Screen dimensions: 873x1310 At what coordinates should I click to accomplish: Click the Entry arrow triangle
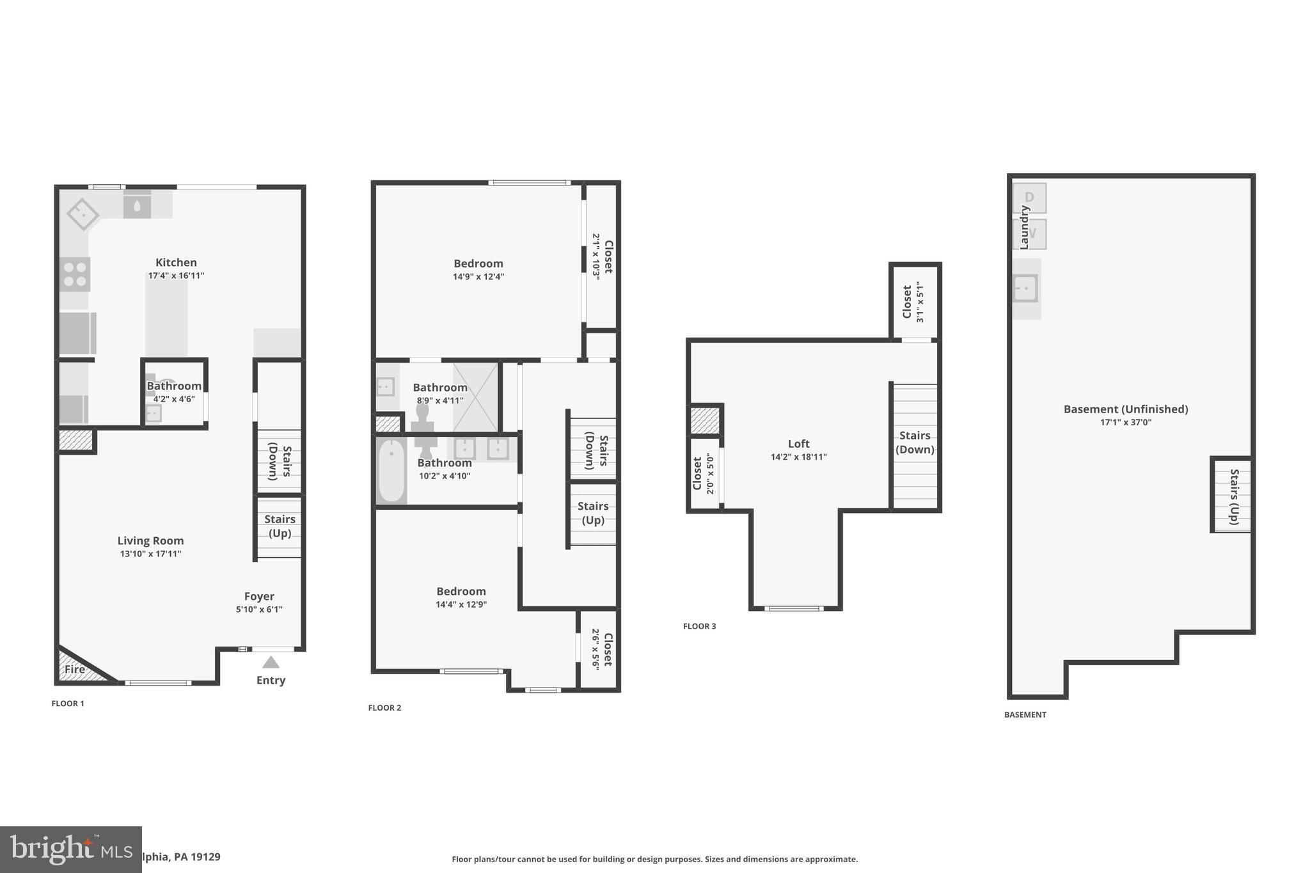pos(271,662)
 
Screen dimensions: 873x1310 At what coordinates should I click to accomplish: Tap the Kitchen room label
pos(176,262)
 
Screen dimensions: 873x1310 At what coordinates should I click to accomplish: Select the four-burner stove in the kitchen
pos(75,274)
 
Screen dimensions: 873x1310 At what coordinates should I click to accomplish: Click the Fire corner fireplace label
pos(75,670)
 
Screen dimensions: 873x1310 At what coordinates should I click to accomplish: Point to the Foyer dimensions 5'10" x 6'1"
pos(259,610)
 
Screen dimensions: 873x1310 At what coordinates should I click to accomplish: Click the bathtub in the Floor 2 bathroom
pos(391,471)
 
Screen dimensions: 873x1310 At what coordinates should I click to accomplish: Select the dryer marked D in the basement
pos(1029,198)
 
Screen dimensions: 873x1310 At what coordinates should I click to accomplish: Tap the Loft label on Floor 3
pos(798,443)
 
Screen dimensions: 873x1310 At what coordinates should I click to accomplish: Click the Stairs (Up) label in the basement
pos(1234,496)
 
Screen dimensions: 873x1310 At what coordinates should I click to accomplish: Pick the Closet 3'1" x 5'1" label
pos(913,302)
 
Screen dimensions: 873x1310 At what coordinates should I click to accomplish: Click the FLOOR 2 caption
pos(384,707)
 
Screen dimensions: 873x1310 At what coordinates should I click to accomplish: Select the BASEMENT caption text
pos(1025,714)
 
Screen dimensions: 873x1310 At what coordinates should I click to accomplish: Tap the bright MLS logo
pos(70,849)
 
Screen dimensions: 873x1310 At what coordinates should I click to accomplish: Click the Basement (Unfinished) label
pos(1125,409)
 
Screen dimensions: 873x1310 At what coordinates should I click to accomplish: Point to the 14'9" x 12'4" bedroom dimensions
pos(478,277)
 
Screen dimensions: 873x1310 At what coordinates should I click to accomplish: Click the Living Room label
pos(150,540)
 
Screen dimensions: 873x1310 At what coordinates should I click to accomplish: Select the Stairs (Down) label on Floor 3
pos(915,442)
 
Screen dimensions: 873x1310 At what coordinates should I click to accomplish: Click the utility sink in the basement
pos(1025,288)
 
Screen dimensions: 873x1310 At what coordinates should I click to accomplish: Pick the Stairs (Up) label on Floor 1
pos(280,526)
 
